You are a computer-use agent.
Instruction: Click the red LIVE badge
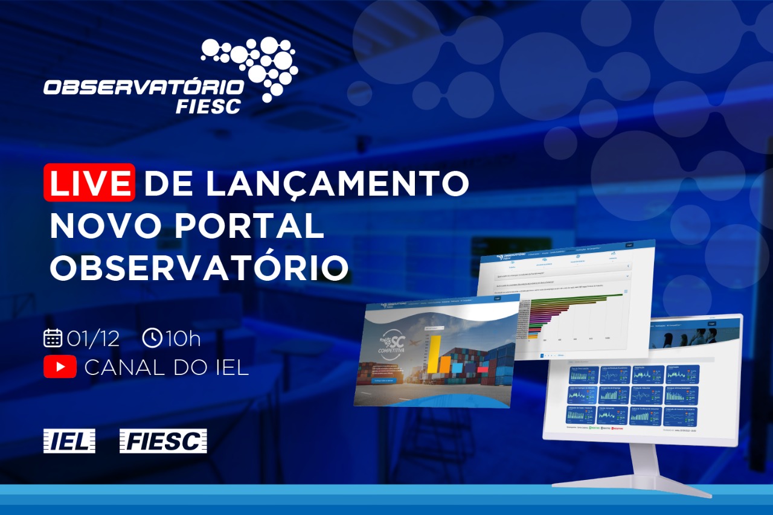pyautogui.click(x=89, y=182)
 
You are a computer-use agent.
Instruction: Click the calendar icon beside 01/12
pyautogui.click(x=53, y=338)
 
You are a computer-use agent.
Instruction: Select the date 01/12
pyautogui.click(x=93, y=339)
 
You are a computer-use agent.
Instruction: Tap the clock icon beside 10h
pyautogui.click(x=152, y=338)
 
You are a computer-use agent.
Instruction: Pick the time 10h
pyautogui.click(x=183, y=339)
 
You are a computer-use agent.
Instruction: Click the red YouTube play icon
pyautogui.click(x=60, y=367)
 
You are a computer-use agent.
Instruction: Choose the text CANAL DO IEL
pyautogui.click(x=167, y=367)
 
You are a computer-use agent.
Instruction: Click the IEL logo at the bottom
pyautogui.click(x=69, y=441)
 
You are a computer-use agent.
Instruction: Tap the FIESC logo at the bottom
pyautogui.click(x=163, y=441)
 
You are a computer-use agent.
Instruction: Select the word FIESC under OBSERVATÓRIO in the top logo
pyautogui.click(x=208, y=106)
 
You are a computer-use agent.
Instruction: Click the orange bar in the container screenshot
pyautogui.click(x=444, y=363)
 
